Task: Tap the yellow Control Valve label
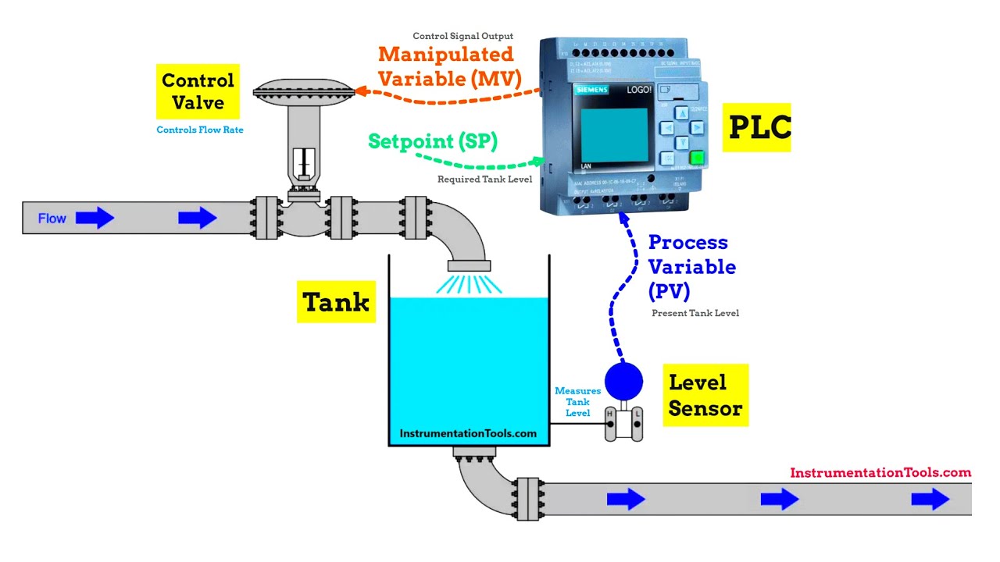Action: coord(198,91)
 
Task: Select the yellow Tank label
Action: coord(336,302)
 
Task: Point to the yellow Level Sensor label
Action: coord(705,395)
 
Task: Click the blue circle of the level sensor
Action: coord(623,381)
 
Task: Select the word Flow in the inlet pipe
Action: coord(52,219)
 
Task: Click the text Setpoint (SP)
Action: coord(433,141)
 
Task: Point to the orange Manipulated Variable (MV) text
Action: coord(448,66)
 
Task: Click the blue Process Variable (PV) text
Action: coord(691,266)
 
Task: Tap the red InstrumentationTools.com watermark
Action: coord(880,472)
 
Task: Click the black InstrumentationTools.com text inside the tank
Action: coord(468,433)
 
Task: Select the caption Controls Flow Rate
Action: coord(200,130)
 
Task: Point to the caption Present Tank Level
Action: coord(695,313)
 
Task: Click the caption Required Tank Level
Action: coord(484,180)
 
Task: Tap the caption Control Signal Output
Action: coord(462,36)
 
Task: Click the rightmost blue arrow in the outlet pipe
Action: coord(930,498)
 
